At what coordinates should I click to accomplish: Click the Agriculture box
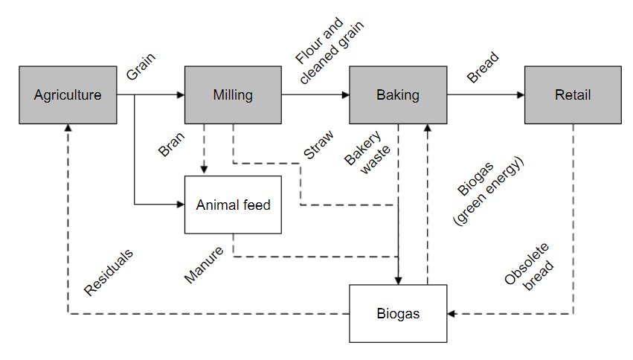point(67,95)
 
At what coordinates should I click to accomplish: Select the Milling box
point(233,95)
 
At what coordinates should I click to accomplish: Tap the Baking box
point(398,95)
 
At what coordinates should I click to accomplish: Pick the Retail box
point(572,95)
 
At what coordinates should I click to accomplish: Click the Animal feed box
point(233,205)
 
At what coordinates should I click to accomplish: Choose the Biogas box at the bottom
point(398,313)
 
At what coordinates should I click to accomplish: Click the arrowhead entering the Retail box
point(520,95)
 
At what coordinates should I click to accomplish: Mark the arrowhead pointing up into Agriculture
point(67,129)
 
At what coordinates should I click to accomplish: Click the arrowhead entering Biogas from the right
point(452,313)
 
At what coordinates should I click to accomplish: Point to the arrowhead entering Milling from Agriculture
point(180,95)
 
